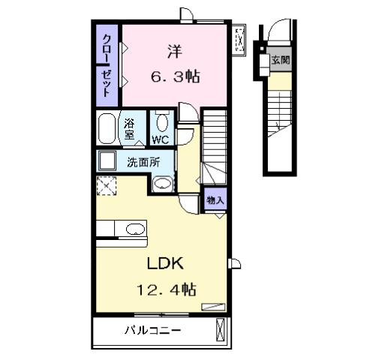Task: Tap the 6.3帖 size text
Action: pos(174,76)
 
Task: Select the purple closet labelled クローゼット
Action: pos(107,67)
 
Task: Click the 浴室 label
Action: pos(129,129)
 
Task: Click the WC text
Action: pos(160,140)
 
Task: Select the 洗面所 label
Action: pos(142,160)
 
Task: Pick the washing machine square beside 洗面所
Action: pos(106,160)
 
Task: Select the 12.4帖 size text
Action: pos(166,289)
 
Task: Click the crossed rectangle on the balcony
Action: pos(219,330)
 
